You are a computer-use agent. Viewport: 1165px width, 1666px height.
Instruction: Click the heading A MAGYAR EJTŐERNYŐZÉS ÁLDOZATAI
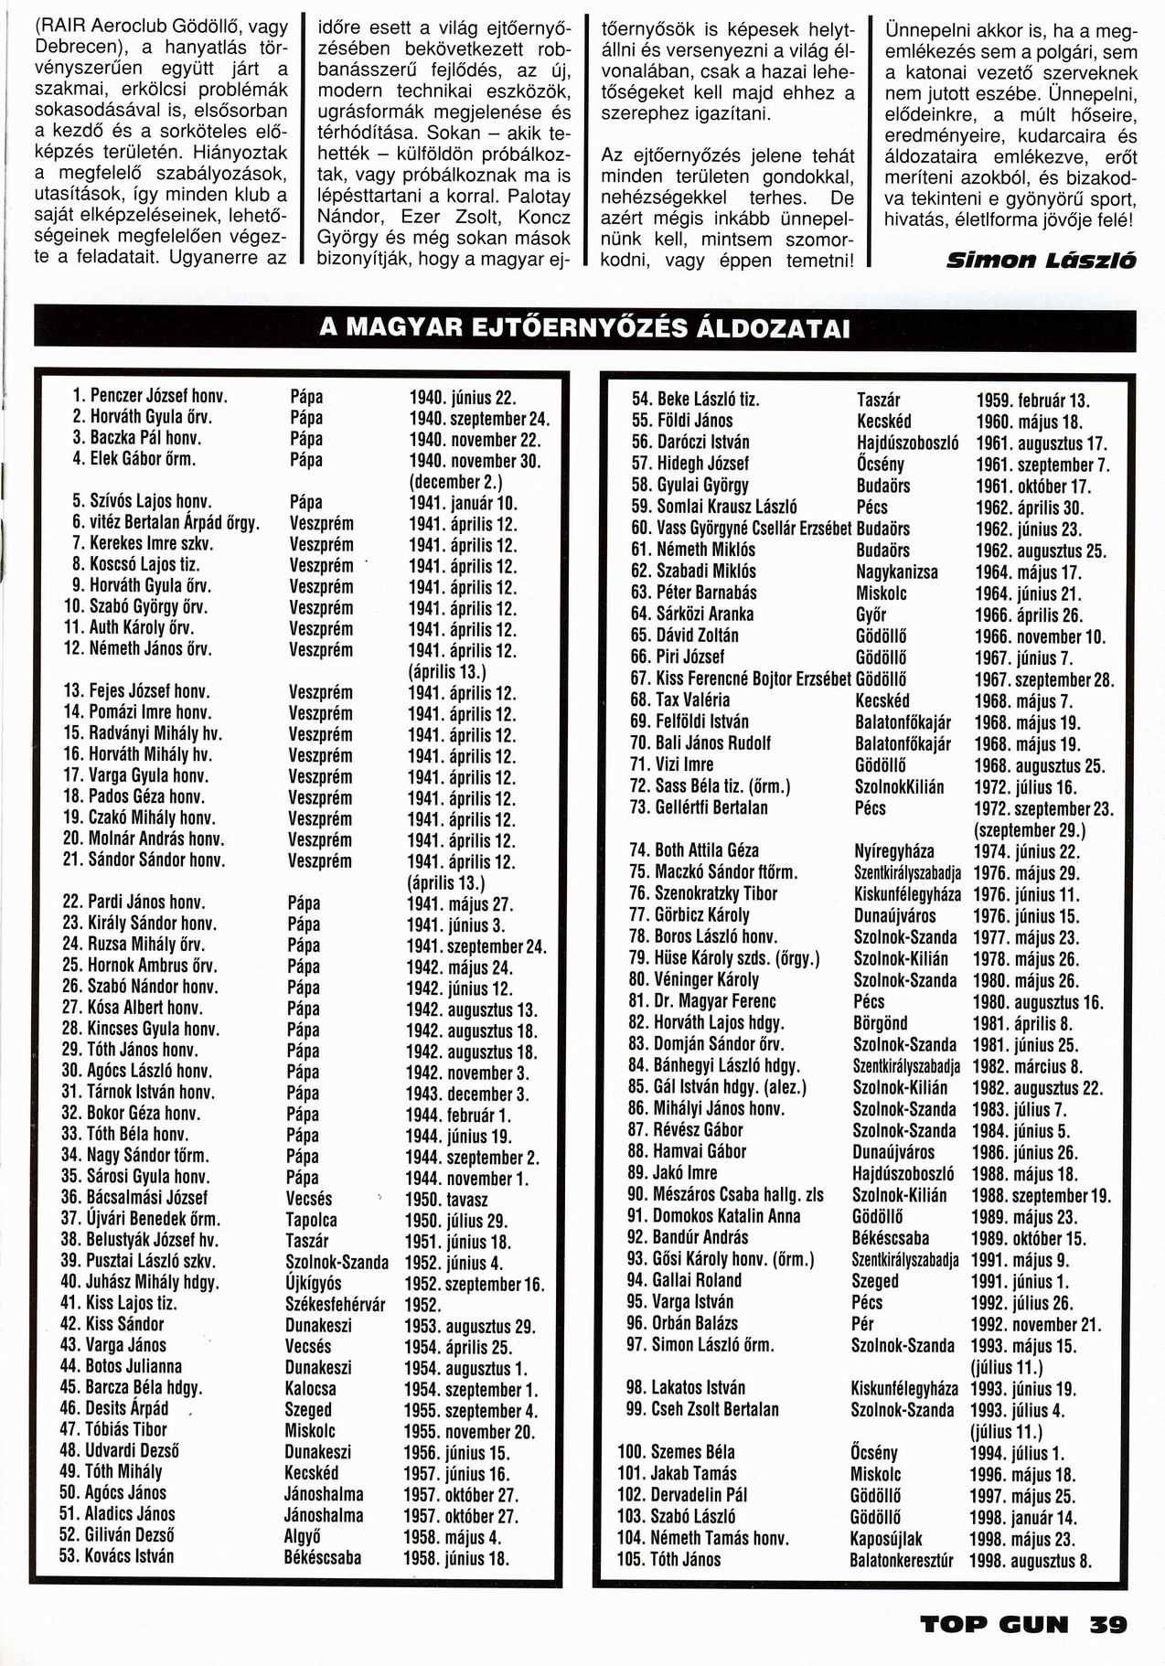point(584,328)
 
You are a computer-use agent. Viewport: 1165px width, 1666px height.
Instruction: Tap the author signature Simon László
point(1042,261)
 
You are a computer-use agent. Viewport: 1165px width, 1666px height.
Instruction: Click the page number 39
point(1107,1625)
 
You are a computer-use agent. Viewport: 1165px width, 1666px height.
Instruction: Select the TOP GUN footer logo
point(994,1625)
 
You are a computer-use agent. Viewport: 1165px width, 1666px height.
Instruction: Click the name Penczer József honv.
point(158,397)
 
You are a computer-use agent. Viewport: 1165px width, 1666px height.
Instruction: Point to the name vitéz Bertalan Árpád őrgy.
point(175,523)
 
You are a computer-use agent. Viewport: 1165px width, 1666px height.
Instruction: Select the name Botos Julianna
point(134,1366)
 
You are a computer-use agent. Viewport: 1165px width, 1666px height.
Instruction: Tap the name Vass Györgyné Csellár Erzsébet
point(754,529)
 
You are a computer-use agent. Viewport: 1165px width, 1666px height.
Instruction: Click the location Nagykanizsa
point(896,571)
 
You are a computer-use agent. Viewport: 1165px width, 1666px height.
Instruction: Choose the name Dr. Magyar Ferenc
point(715,1001)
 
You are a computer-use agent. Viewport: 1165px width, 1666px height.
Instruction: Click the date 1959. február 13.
point(1032,400)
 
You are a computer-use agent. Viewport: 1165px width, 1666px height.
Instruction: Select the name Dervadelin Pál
point(699,1495)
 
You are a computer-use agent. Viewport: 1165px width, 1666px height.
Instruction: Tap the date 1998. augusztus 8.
point(1031,1561)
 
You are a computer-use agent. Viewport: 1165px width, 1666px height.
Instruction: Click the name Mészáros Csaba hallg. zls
point(738,1194)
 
